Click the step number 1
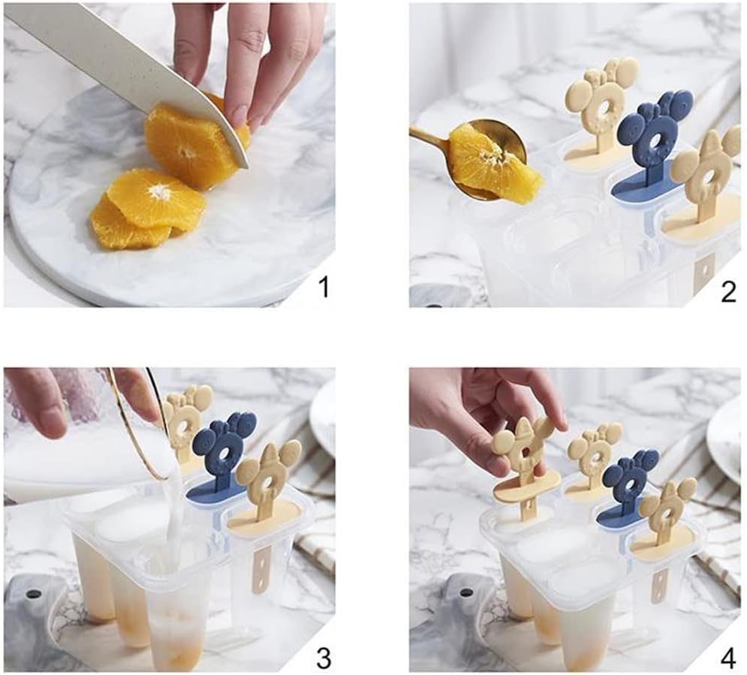(x=323, y=288)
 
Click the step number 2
(x=728, y=291)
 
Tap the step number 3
(x=324, y=658)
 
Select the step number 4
(x=728, y=658)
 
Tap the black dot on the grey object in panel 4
(x=466, y=592)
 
